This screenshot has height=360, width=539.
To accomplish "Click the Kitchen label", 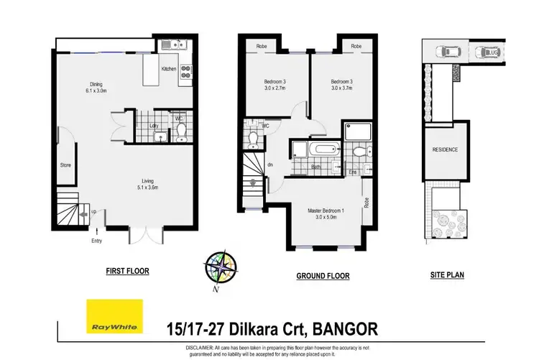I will pyautogui.click(x=168, y=69).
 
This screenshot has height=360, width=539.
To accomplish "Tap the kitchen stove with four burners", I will pyautogui.click(x=184, y=70).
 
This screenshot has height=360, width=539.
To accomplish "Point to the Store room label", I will pyautogui.click(x=65, y=165).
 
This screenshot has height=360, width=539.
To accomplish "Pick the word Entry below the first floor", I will pyautogui.click(x=96, y=241).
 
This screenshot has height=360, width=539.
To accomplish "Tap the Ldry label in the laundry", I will pyautogui.click(x=154, y=126).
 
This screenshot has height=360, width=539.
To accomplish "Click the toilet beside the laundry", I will pyautogui.click(x=181, y=130).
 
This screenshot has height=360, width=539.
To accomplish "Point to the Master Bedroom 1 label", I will pyautogui.click(x=326, y=213).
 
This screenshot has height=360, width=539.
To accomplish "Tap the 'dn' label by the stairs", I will pyautogui.click(x=269, y=165).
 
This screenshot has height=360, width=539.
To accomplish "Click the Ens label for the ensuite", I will pyautogui.click(x=352, y=172).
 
